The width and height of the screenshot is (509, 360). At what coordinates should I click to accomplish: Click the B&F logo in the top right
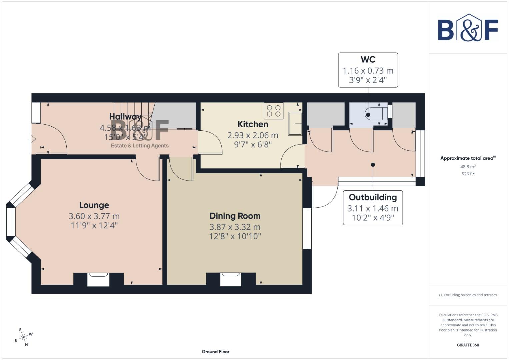[x=468, y=28]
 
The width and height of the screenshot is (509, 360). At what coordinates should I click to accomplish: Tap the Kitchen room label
[x=253, y=124]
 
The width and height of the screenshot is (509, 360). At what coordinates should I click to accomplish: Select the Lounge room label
[x=94, y=205]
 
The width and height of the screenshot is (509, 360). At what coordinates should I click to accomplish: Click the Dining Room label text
[x=235, y=216]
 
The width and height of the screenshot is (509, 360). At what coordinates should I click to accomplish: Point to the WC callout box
[x=368, y=70]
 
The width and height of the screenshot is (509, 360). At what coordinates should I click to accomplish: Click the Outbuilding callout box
[x=373, y=208]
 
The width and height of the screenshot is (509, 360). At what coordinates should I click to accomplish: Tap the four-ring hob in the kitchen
[x=274, y=111]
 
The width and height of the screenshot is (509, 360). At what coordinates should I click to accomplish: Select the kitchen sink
[x=295, y=124]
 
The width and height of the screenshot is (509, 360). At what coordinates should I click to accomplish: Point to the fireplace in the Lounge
[x=98, y=279]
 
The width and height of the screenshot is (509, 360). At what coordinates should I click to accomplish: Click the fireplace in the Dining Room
[x=231, y=279]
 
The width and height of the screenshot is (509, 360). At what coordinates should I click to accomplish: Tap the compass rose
[x=23, y=337]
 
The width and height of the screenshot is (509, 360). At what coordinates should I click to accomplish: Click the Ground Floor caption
[x=216, y=352]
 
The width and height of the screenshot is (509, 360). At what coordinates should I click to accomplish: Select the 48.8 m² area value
[x=468, y=167]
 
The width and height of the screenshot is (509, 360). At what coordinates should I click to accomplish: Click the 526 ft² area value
[x=468, y=174]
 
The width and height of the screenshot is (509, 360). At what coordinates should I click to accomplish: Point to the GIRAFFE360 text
[x=468, y=345]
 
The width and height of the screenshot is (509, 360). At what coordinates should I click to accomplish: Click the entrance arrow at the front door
[x=32, y=139]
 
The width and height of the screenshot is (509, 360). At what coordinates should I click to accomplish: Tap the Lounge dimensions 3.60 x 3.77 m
[x=94, y=216]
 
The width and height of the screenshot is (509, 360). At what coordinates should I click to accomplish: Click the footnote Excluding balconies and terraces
[x=468, y=295]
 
